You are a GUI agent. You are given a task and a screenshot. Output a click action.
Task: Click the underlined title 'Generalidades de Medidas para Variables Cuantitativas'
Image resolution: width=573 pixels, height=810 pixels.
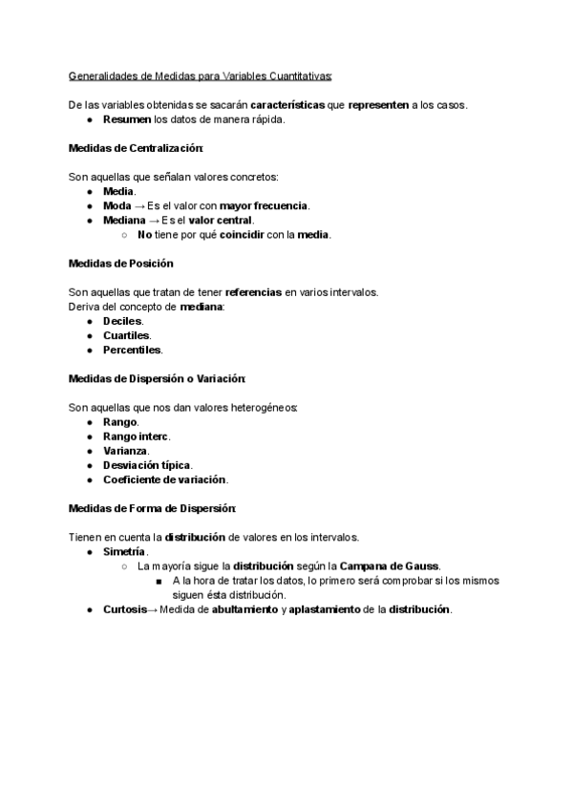pos(200,77)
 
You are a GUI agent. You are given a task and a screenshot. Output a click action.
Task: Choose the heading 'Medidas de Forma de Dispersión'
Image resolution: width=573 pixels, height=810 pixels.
pos(152,508)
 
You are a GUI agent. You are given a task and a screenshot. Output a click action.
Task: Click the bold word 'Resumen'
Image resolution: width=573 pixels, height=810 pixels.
pos(127,120)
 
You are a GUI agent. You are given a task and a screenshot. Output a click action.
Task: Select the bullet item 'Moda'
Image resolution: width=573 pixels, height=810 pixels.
pos(117,205)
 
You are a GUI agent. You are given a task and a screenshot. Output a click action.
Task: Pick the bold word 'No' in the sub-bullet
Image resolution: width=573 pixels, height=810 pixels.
pos(145,234)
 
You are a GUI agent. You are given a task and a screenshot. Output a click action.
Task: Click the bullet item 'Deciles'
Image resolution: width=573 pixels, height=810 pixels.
pos(123,321)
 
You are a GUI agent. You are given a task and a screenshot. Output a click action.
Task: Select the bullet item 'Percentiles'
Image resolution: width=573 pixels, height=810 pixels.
pos(132,350)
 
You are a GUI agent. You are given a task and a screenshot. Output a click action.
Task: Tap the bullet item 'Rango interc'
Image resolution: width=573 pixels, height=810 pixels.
pos(136,437)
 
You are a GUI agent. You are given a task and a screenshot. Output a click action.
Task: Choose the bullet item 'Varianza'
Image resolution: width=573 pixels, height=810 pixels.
pos(125,451)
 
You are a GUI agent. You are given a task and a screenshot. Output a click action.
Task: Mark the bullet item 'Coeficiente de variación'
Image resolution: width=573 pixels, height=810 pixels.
pos(164,480)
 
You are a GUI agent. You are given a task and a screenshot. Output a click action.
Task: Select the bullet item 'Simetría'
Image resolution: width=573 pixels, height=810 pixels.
pos(124,552)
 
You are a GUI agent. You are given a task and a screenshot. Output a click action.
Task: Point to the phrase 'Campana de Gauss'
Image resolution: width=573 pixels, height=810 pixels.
pos(389,566)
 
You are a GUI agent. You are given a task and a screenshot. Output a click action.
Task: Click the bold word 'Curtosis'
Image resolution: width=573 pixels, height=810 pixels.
pos(125,609)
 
